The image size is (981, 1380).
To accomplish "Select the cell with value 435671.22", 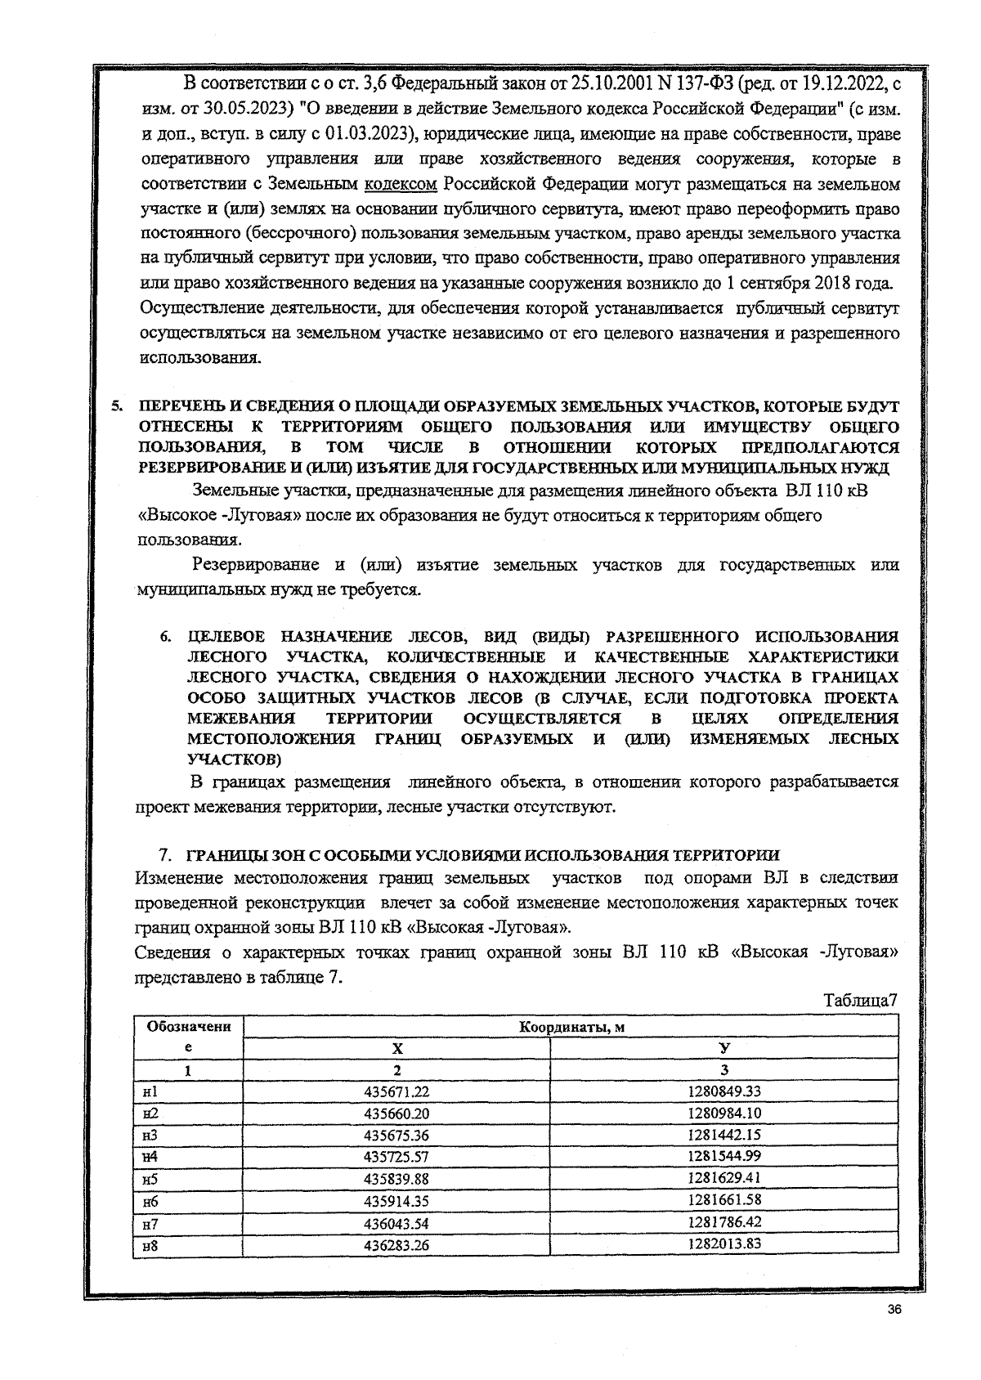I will [396, 1091].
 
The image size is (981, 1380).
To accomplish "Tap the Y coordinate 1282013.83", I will [724, 1243].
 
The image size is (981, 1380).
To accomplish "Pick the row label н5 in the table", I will [150, 1179].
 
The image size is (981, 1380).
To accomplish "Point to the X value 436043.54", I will [396, 1223].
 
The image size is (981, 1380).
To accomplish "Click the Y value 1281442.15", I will [724, 1135].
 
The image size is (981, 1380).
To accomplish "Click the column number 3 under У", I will [724, 1070].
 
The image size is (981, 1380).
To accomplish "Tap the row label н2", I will [150, 1113].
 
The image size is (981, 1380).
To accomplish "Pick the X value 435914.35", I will [396, 1201].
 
